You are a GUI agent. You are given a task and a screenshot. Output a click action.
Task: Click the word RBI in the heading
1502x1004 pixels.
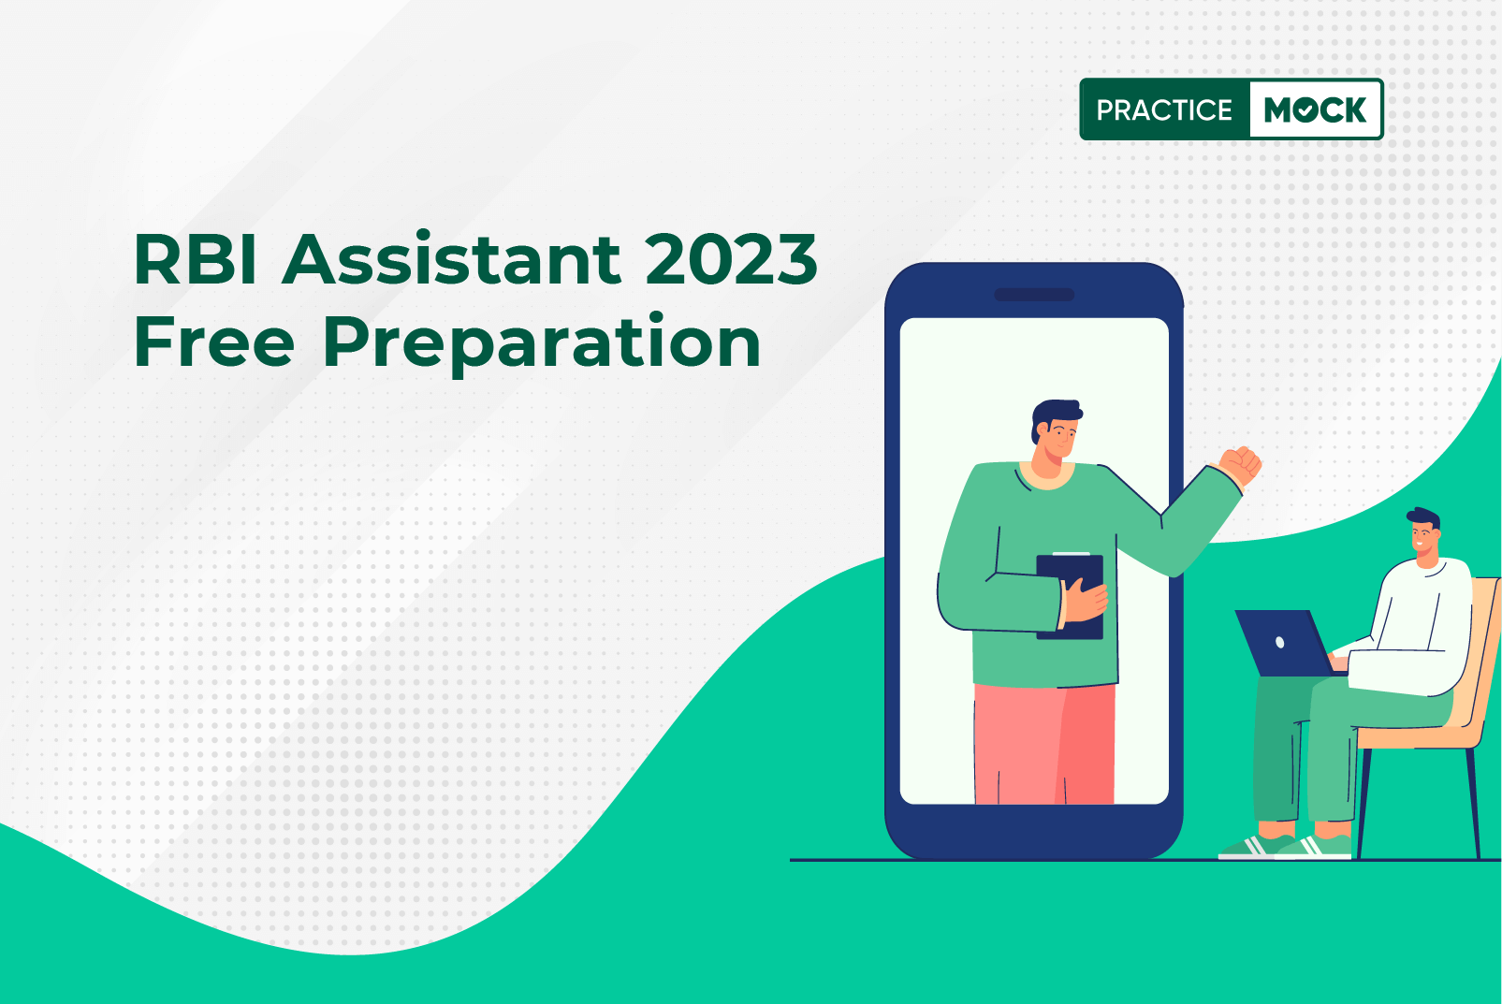pos(196,259)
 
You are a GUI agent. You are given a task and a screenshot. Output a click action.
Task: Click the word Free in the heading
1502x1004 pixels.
pos(214,342)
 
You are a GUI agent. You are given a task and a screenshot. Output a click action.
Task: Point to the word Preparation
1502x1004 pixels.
pos(542,342)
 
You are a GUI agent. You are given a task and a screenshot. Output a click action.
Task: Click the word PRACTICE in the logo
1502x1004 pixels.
pos(1164,109)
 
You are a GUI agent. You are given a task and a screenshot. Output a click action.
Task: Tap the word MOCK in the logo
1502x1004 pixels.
pos(1315,109)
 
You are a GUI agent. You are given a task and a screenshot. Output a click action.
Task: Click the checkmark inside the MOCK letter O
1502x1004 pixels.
pos(1305,111)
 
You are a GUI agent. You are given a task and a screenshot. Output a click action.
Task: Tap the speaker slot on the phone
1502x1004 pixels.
pos(1034,295)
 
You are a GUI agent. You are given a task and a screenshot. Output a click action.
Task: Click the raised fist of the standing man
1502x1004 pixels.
pos(1241,465)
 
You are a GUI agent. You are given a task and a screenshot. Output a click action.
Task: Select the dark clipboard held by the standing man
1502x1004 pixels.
pos(1070,596)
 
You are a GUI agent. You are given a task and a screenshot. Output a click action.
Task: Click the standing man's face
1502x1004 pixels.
pos(1057,440)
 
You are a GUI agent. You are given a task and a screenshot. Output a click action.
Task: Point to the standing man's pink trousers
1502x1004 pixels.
pos(1044,743)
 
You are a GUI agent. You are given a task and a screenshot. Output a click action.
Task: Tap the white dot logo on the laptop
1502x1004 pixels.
pos(1279,643)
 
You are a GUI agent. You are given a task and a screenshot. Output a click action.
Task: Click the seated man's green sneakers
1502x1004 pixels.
pos(1286,847)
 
